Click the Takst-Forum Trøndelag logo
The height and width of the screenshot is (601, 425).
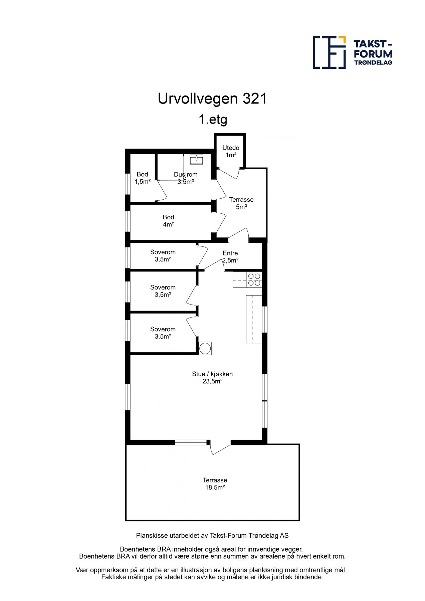click(352, 52)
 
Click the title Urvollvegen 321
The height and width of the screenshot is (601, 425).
click(212, 99)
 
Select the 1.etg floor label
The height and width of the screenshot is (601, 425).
click(213, 119)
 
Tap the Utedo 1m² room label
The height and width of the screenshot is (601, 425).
click(231, 151)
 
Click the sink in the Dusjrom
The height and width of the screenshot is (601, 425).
click(196, 159)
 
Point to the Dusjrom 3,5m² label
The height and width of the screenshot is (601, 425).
click(186, 178)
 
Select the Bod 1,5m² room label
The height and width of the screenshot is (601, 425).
click(143, 178)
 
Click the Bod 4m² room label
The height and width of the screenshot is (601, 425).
click(168, 221)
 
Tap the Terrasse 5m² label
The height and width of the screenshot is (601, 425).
click(241, 203)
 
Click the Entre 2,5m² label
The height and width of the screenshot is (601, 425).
click(230, 257)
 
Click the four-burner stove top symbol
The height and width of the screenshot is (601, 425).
click(254, 280)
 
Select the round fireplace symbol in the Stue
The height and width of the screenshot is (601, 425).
click(205, 348)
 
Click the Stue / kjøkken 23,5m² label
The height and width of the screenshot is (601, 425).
click(212, 378)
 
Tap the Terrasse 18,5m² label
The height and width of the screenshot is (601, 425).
click(215, 484)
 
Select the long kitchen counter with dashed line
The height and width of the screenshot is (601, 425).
click(254, 319)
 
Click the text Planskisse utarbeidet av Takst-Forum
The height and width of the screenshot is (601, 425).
click(212, 536)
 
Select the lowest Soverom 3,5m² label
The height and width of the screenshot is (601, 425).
click(163, 333)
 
